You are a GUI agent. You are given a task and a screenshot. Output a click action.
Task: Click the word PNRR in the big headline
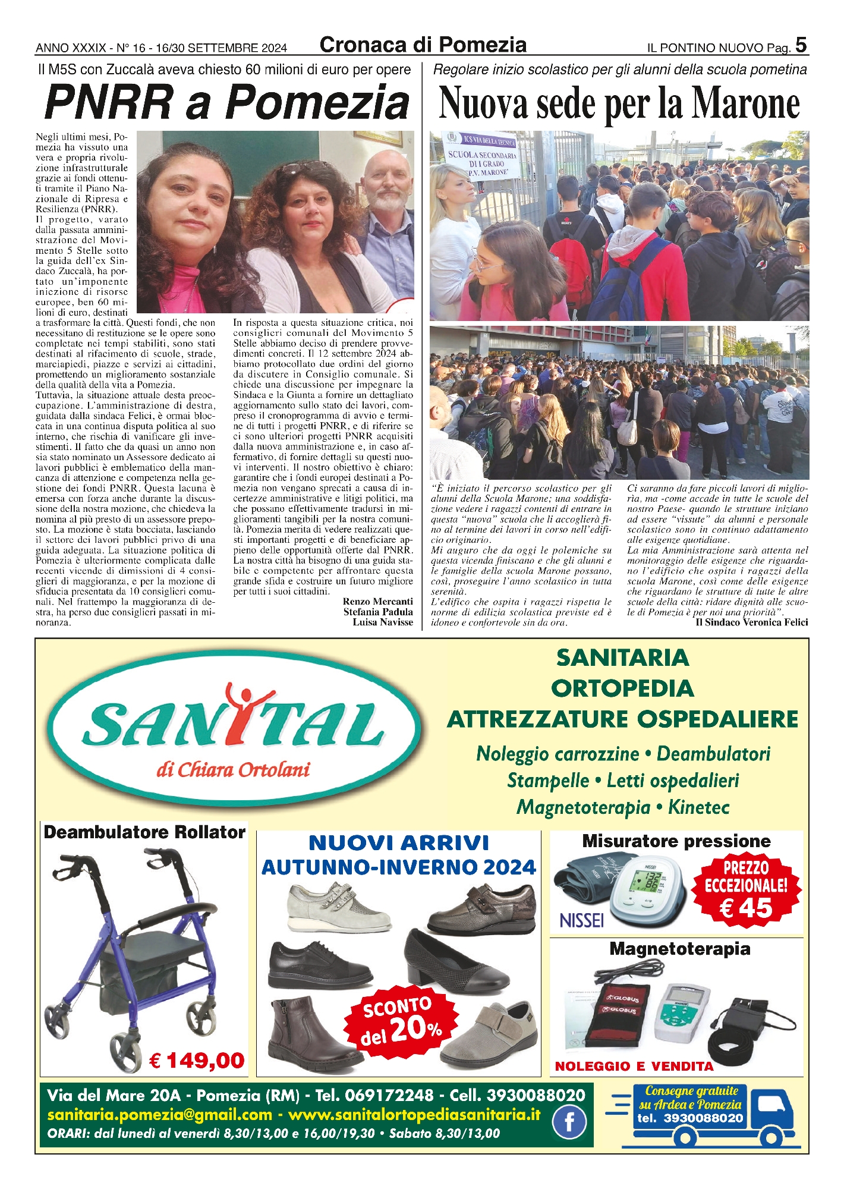pos(109,103)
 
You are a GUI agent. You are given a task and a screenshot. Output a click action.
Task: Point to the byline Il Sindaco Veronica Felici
pos(751,622)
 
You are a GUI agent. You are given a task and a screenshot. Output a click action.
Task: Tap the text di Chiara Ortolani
pos(233,770)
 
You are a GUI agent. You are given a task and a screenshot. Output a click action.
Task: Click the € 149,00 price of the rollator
pos(197,1060)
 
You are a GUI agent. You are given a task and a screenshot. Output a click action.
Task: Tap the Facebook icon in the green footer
pos(569,1121)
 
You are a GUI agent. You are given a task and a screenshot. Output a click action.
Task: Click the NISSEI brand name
pos(582,921)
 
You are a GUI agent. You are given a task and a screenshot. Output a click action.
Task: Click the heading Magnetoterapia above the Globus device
pos(679,949)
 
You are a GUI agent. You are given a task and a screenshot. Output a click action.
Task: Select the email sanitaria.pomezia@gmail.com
pos(159,1114)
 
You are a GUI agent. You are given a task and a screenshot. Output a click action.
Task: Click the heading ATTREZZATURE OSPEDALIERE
pos(622,719)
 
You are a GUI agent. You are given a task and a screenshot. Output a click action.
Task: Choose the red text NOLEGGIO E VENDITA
pos(634,1067)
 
